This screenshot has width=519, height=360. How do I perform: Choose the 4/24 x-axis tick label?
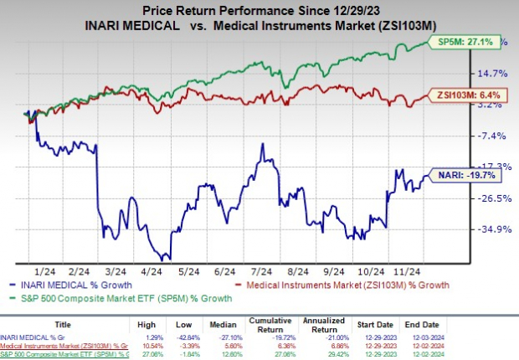coord(152,272)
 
